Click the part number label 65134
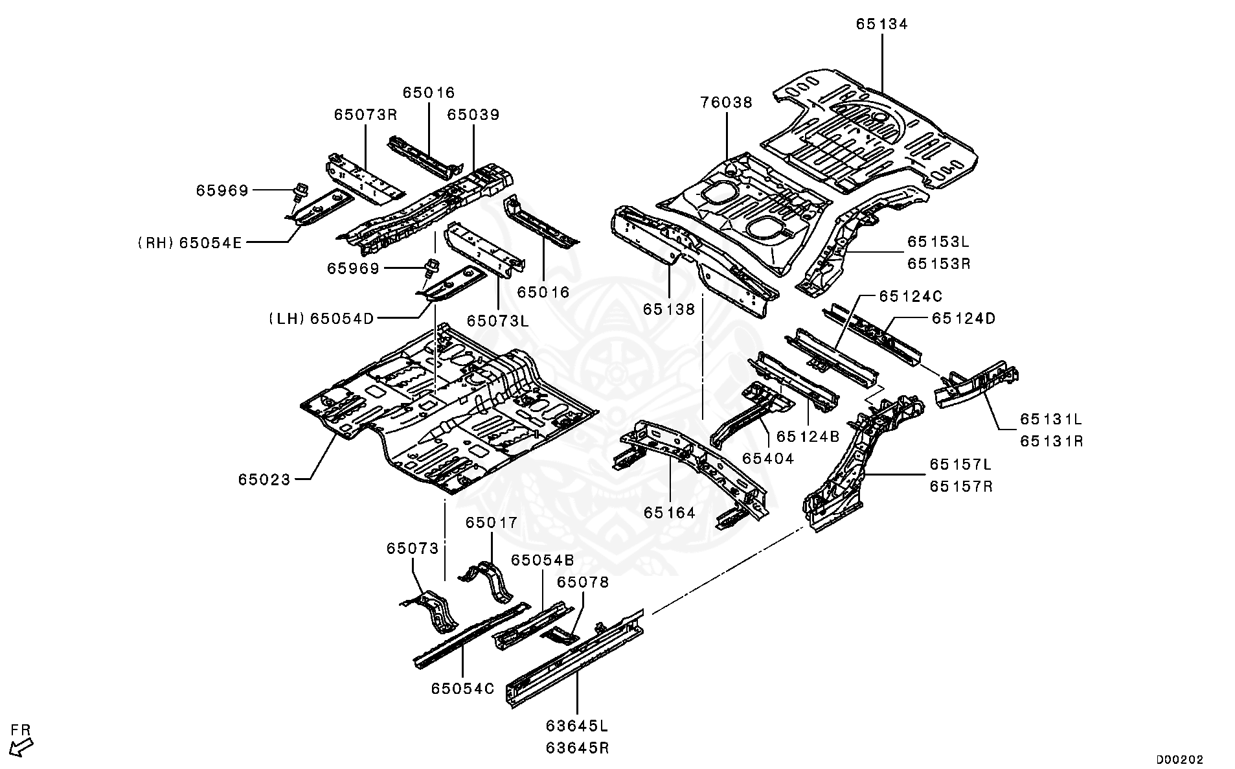coord(881,24)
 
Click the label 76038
coord(726,102)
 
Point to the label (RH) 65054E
coord(190,242)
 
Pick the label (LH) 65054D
coord(322,318)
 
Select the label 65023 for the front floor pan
coord(264,479)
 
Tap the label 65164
coord(669,513)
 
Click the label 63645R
coord(577,748)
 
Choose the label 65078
coord(583,582)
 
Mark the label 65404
coord(767,459)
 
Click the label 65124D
coord(963,318)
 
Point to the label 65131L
coord(1051,419)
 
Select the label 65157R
coord(960,486)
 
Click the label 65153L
coord(938,242)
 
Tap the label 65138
coord(669,309)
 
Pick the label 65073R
coord(365,115)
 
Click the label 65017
coord(492,522)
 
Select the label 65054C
coord(462,688)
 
